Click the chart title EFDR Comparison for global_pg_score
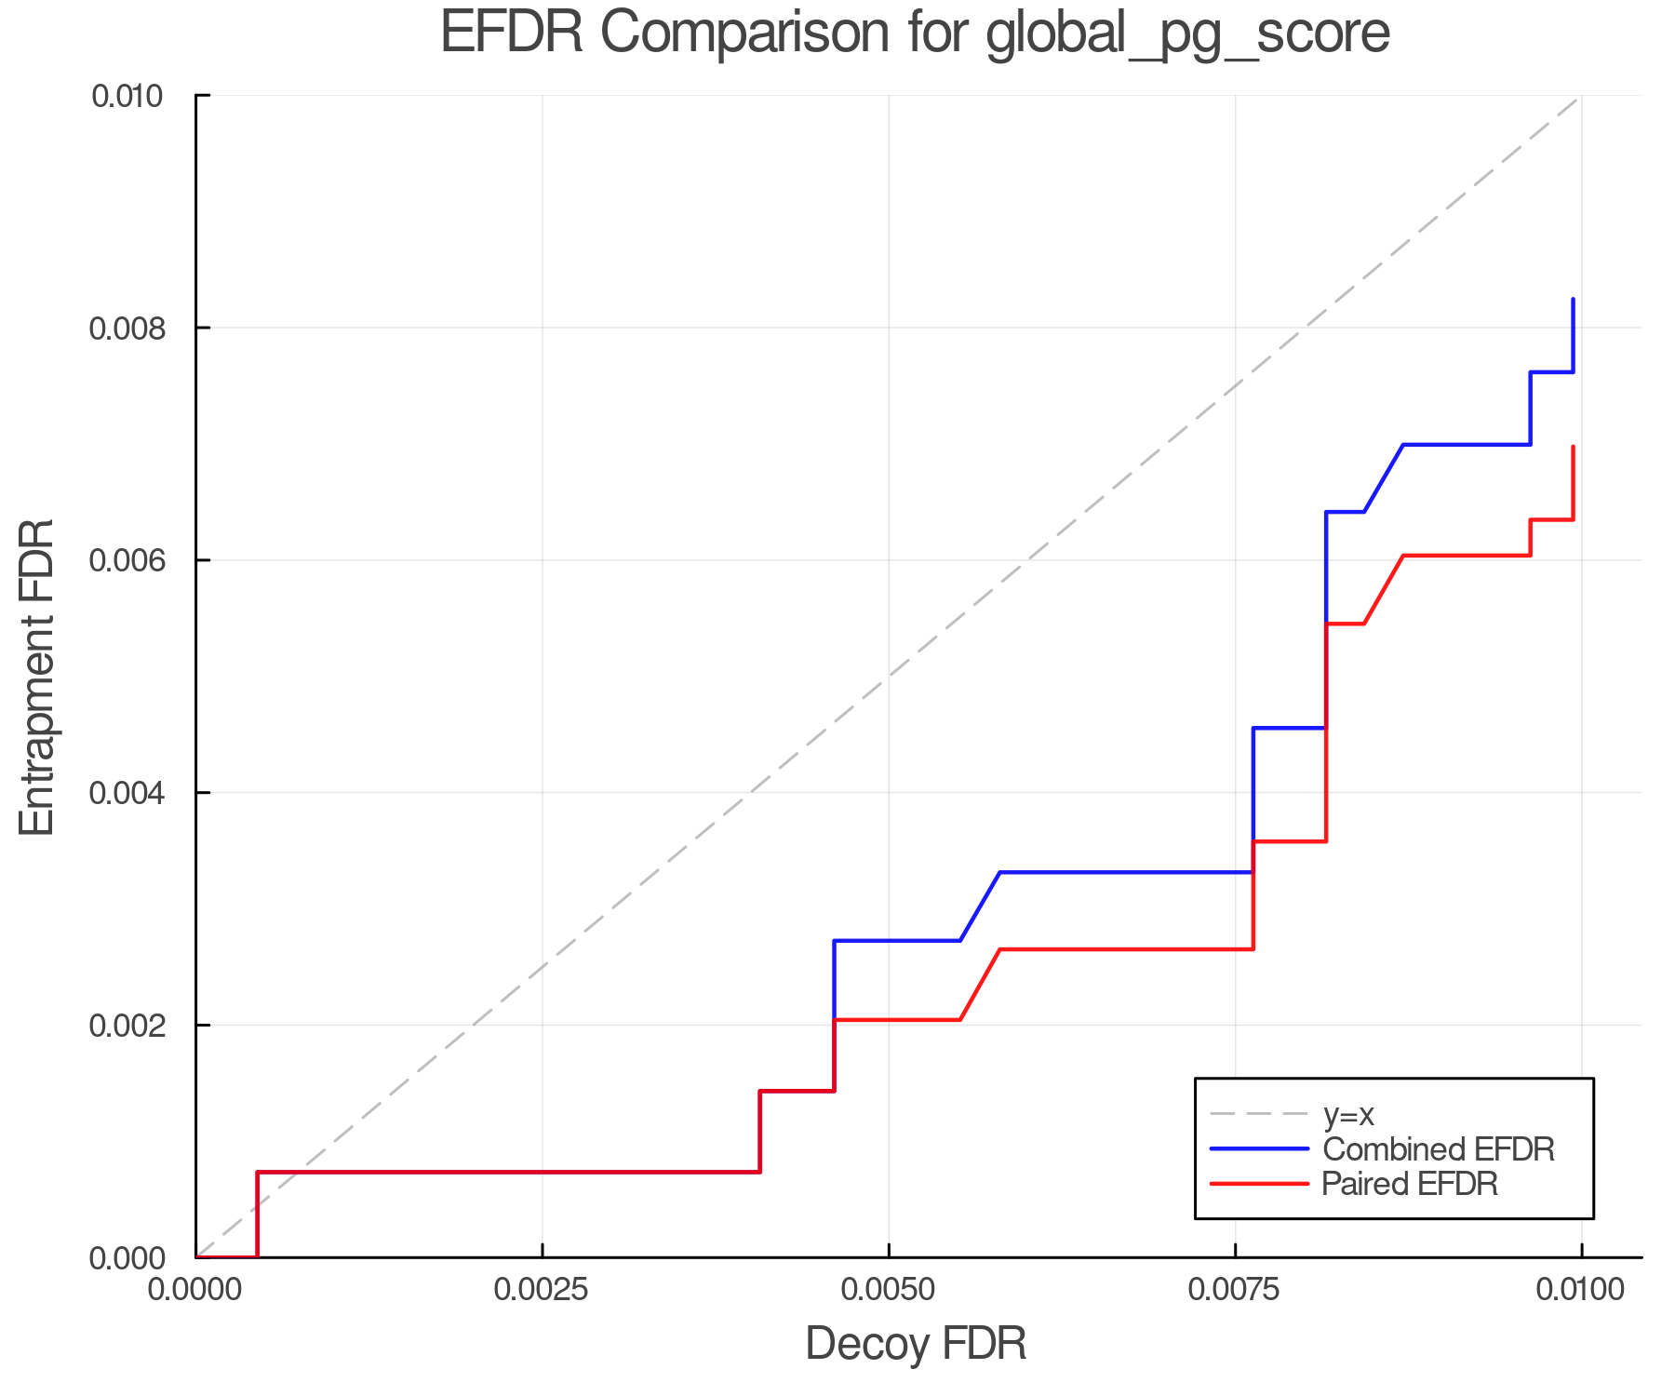915,33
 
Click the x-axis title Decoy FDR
916,1344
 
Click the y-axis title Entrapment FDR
37,678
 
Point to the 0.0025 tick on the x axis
542,1290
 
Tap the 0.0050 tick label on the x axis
889,1290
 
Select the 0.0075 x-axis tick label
1235,1290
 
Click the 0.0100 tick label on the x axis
1581,1290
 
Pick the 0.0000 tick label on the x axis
195,1290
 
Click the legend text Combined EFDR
1439,1149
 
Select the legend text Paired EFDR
1410,1184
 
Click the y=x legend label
1348,1115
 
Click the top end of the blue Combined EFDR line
1573,300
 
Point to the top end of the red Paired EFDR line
1573,447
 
